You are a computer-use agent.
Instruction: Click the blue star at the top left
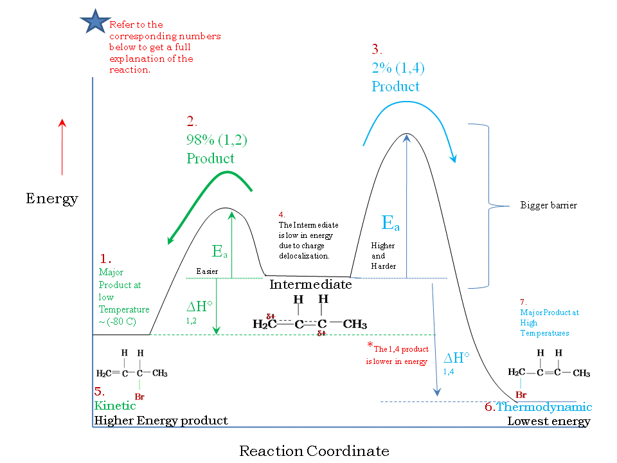pyautogui.click(x=95, y=23)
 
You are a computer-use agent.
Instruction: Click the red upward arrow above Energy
pyautogui.click(x=62, y=147)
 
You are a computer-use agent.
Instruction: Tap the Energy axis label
pyautogui.click(x=51, y=198)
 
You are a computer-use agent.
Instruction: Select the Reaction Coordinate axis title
pyautogui.click(x=314, y=451)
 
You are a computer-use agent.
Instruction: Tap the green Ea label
pyautogui.click(x=220, y=251)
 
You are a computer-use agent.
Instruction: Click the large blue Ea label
pyautogui.click(x=390, y=223)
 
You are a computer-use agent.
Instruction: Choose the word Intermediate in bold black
pyautogui.click(x=310, y=284)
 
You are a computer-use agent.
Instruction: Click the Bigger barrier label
pyautogui.click(x=548, y=206)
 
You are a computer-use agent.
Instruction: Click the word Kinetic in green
pyautogui.click(x=115, y=406)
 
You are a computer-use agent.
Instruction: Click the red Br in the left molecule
pyautogui.click(x=140, y=397)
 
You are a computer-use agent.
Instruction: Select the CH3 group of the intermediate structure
pyautogui.click(x=355, y=323)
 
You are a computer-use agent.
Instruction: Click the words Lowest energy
pyautogui.click(x=548, y=421)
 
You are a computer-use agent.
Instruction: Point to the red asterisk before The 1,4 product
pyautogui.click(x=370, y=345)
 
